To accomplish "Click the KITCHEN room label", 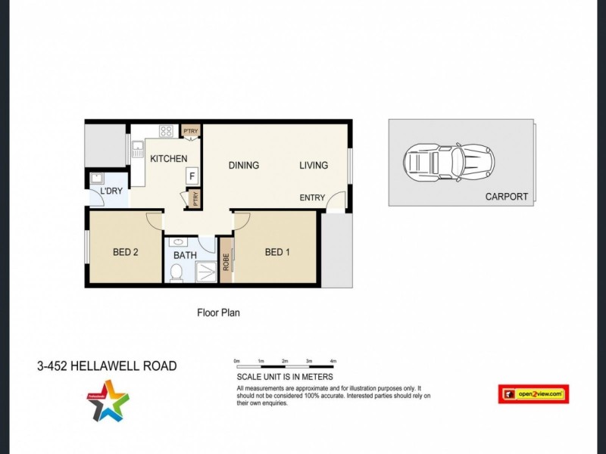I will coord(168,159).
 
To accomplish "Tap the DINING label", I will coord(244,166).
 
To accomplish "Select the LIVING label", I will coord(314,166).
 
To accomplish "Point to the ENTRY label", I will coord(312,198).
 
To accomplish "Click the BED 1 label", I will coord(276,253).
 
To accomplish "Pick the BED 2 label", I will coord(125,253).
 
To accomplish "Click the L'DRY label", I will coord(111,192).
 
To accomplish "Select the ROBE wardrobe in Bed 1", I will coord(226,261).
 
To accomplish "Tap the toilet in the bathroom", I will coord(176,272).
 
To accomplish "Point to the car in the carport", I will coord(449,161).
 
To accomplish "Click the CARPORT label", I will coord(507,197).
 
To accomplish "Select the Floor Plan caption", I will coord(218,312).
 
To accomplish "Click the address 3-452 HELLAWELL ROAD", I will coord(107,366).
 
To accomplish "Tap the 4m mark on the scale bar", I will coord(333,362).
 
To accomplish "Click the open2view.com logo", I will coord(533,393).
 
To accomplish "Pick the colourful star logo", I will coord(107,400).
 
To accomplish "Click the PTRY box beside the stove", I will coord(189,132).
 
